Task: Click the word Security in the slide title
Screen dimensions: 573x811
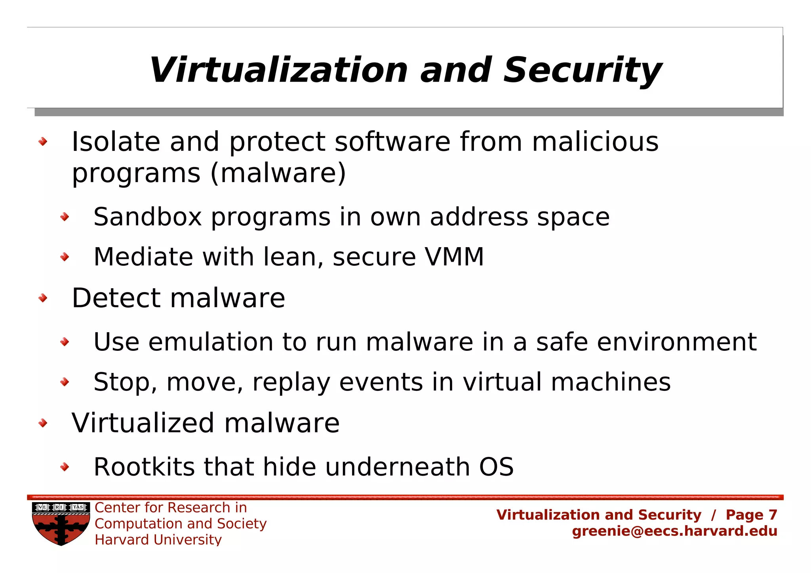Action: coord(582,70)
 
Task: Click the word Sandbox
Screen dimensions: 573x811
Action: coord(147,217)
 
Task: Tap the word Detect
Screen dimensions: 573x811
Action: coord(116,298)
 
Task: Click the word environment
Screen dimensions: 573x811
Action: coord(676,342)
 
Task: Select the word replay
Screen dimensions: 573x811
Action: coord(291,383)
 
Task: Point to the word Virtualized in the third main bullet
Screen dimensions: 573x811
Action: coord(143,423)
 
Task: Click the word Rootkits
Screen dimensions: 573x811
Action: coord(144,467)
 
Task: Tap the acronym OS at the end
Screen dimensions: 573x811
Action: coord(496,467)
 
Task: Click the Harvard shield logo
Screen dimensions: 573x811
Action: coord(61,524)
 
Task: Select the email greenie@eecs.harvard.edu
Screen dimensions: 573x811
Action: coord(674,531)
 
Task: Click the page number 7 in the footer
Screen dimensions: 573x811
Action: coord(773,515)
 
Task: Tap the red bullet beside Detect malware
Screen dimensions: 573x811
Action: coord(43,298)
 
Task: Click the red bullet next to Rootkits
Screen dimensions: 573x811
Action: coord(65,467)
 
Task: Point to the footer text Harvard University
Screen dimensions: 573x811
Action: coord(158,540)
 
